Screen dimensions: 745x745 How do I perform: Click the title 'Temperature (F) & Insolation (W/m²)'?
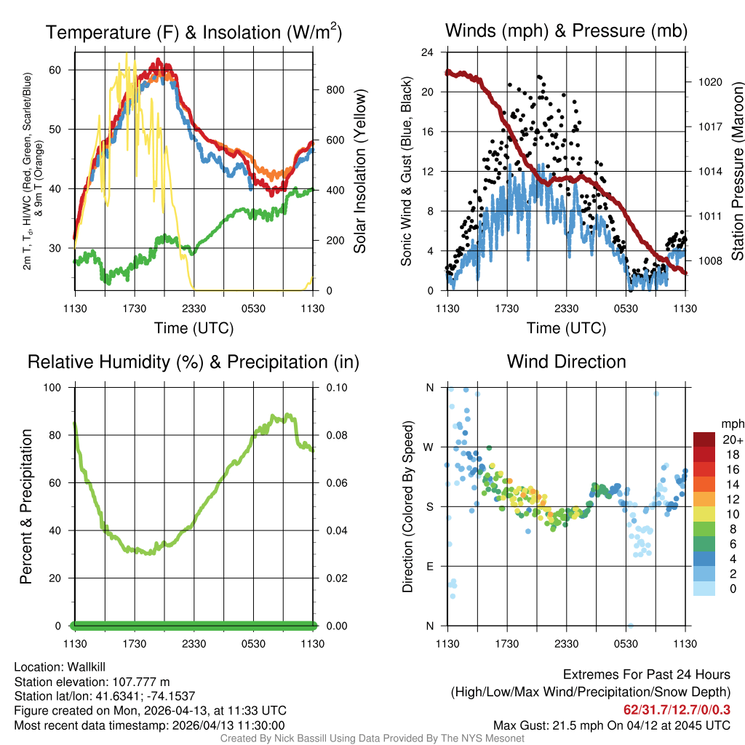(x=194, y=33)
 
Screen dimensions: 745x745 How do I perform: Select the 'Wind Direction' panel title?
(x=566, y=362)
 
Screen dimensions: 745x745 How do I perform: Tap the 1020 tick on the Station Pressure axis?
(x=710, y=82)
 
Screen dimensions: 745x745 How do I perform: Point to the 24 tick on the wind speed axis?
(x=428, y=52)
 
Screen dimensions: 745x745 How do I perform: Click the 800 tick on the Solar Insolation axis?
(x=334, y=90)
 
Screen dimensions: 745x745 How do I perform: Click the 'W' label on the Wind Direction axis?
(x=429, y=447)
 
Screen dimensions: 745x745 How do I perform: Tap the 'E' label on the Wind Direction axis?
(x=429, y=566)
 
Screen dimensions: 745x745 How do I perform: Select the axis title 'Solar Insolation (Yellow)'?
(x=359, y=171)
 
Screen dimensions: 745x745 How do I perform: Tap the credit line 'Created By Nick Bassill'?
(x=372, y=738)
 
